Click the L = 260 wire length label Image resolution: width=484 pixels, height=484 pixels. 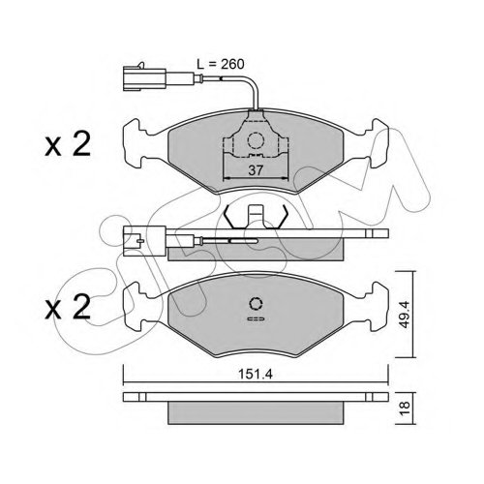tap(221, 64)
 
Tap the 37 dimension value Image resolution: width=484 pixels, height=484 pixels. tap(256, 170)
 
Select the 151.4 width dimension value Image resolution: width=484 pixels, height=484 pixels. tap(256, 375)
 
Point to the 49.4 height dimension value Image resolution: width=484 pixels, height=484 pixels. tap(405, 315)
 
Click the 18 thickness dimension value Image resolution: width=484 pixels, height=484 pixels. tap(405, 408)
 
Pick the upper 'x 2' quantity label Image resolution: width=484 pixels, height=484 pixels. tap(68, 145)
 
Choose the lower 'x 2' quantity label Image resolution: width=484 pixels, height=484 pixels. tap(68, 308)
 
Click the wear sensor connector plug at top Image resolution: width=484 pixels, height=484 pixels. tap(144, 77)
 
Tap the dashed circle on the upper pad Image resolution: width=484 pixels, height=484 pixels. tap(256, 140)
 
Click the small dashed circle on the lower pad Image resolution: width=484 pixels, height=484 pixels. tap(256, 304)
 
